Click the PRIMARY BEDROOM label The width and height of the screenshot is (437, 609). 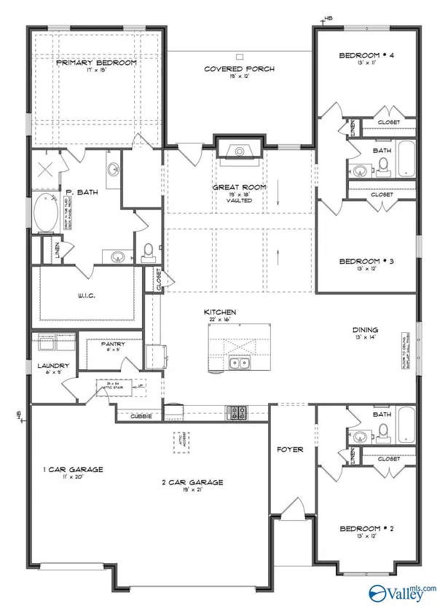point(97,63)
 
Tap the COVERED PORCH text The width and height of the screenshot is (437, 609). point(239,69)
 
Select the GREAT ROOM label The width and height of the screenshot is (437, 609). point(239,187)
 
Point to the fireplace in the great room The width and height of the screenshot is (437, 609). point(239,152)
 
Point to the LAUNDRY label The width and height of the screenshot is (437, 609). point(55,366)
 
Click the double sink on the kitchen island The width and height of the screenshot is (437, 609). point(238,364)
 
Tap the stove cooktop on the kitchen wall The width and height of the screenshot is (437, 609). point(238,412)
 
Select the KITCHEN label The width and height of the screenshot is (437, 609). point(219,312)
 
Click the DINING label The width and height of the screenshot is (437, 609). point(365,329)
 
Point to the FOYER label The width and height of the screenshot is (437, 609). point(292,449)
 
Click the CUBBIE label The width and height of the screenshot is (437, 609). point(141,416)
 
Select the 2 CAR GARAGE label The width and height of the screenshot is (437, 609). point(192,482)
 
